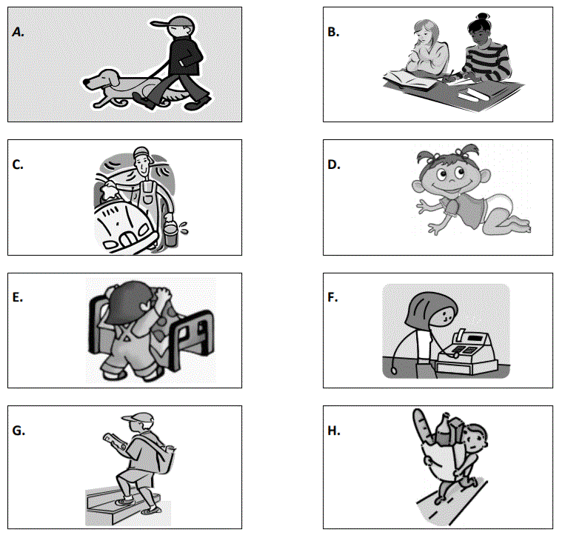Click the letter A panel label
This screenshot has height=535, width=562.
[18, 33]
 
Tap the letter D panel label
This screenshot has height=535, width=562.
[334, 165]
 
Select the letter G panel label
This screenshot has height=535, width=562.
[19, 431]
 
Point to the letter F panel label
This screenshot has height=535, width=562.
[332, 297]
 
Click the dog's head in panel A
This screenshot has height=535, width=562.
[99, 79]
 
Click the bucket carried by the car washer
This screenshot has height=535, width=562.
[171, 234]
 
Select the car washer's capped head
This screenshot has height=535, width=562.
[142, 161]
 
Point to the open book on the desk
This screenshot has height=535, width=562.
[410, 79]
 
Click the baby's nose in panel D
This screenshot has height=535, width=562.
[452, 179]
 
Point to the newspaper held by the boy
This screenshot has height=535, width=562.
[115, 442]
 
